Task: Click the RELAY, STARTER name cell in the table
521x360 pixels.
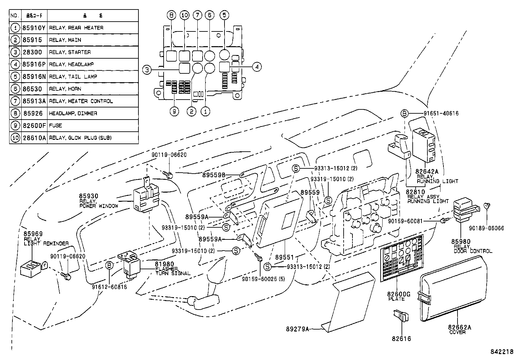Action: click(x=70, y=52)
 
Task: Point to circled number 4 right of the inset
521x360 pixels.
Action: click(x=257, y=67)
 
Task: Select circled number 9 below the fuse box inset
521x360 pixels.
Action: click(x=174, y=112)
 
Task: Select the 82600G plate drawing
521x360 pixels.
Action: click(x=402, y=259)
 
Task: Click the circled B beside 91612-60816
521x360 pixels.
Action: click(x=109, y=265)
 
